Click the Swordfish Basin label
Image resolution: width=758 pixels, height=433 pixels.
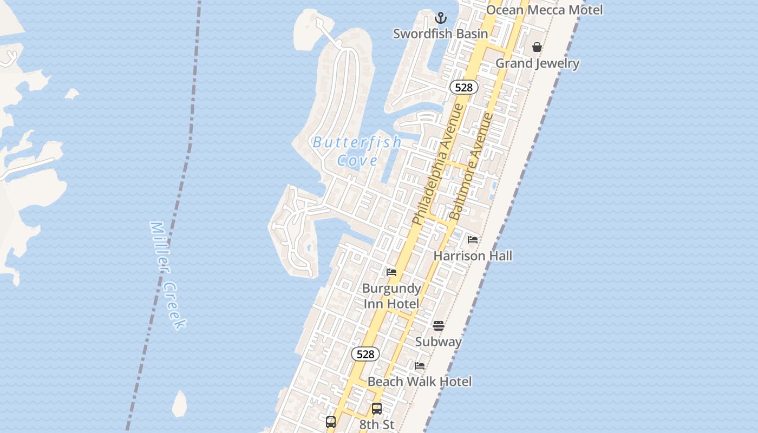(x=440, y=34)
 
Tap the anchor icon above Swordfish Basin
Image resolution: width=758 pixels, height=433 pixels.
(x=441, y=18)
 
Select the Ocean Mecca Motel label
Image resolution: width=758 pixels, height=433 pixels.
(x=544, y=10)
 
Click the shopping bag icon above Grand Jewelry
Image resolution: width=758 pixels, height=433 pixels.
(x=537, y=48)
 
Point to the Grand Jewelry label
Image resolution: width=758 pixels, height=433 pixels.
(x=538, y=63)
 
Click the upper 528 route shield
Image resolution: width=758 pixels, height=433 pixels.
(x=463, y=87)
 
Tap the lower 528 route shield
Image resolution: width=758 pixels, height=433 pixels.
(x=365, y=354)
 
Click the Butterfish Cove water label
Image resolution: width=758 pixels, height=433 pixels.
(x=357, y=151)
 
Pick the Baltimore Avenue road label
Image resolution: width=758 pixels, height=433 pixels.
(x=472, y=166)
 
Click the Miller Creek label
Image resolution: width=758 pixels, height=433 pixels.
(x=168, y=275)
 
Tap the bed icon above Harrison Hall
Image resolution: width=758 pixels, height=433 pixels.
(x=473, y=240)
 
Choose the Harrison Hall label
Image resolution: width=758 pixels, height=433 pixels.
(x=473, y=255)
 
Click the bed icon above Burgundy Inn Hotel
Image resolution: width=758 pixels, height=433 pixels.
(x=391, y=272)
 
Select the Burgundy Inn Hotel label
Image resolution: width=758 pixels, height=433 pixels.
(x=391, y=296)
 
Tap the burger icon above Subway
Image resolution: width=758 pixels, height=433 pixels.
(x=439, y=326)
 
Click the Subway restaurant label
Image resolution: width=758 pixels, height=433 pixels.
(x=439, y=342)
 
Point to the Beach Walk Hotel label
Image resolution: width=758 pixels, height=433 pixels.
(x=420, y=382)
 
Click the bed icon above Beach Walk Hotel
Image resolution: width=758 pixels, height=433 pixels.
(x=420, y=366)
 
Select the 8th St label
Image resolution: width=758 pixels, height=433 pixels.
(x=377, y=424)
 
